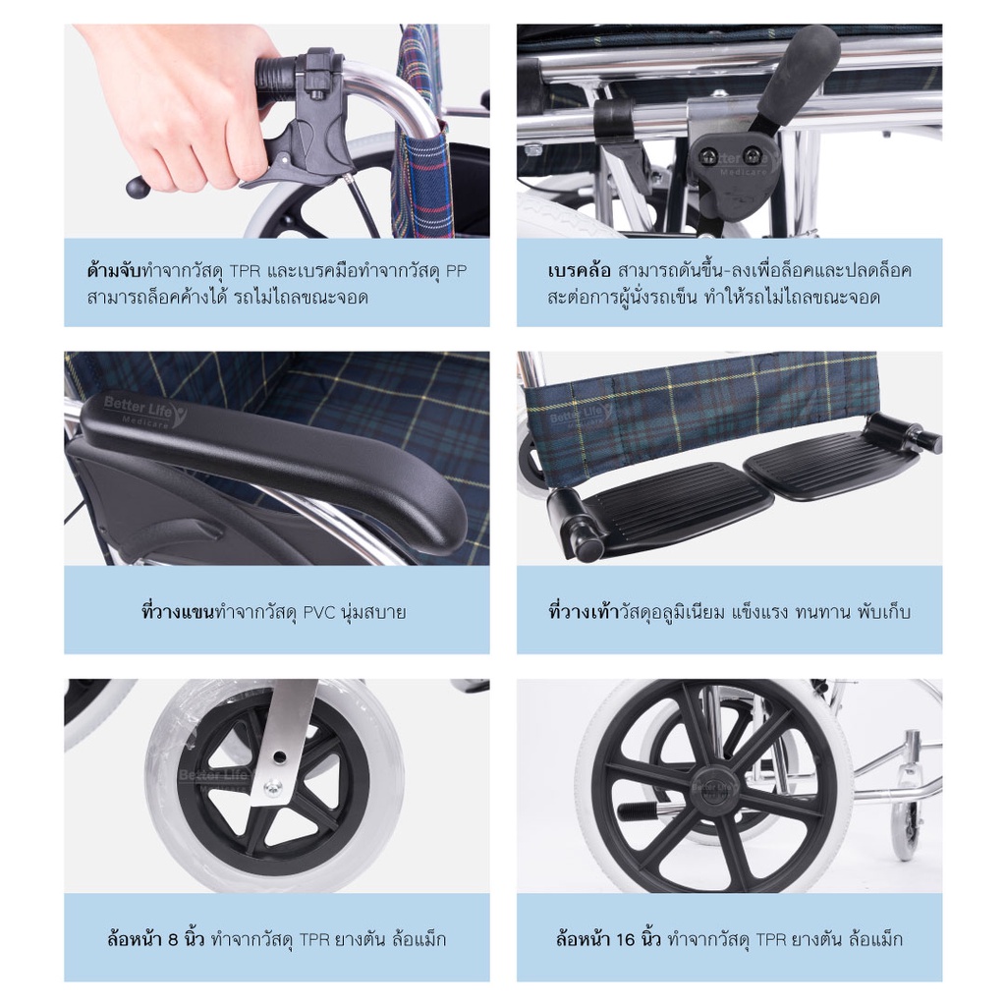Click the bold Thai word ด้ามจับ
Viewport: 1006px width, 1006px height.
coord(114,271)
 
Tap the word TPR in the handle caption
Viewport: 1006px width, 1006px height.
coord(245,271)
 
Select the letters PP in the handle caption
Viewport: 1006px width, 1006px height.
coord(456,271)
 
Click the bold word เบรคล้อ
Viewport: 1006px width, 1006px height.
coord(579,271)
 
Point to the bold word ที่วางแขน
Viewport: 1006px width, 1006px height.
coord(178,611)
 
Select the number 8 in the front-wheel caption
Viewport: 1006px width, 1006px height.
coord(173,940)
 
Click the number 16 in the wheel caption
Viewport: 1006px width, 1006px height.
coord(626,940)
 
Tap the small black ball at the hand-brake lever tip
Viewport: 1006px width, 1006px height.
coord(138,188)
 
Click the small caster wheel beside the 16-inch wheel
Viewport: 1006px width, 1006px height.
coord(907,829)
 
